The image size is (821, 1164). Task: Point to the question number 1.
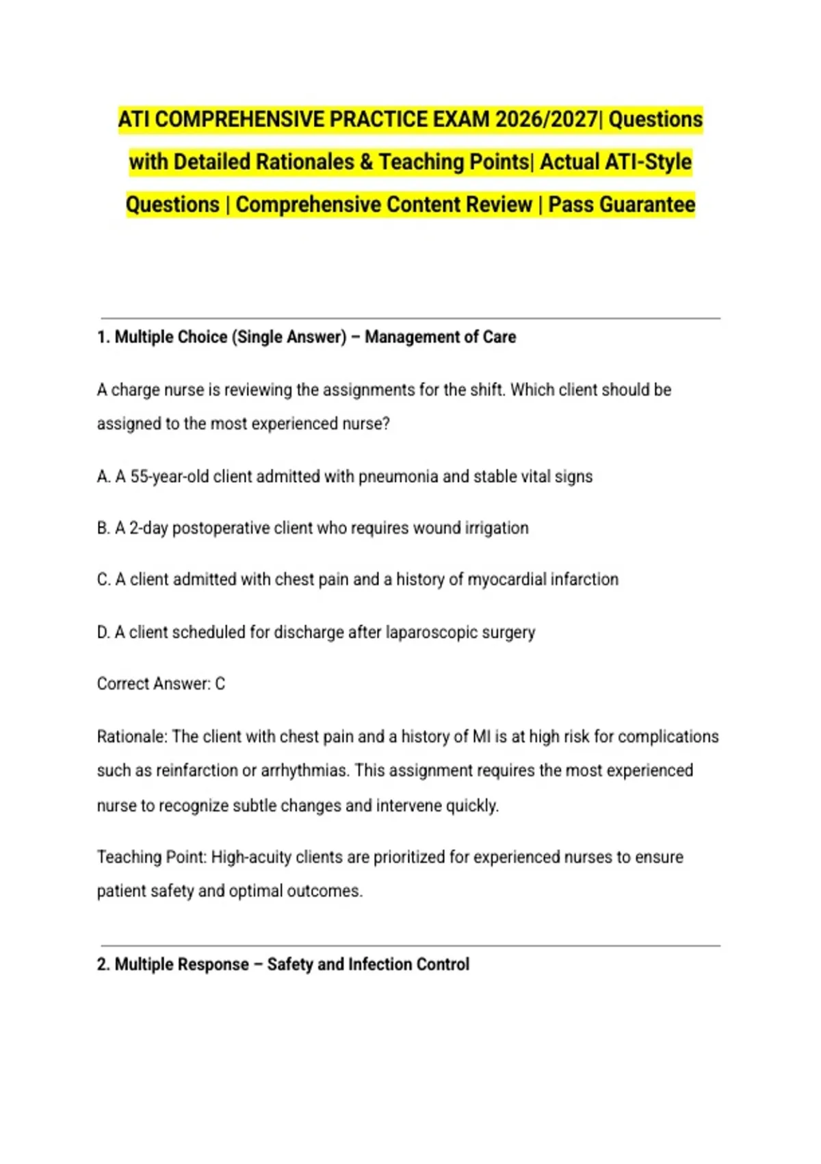click(x=103, y=337)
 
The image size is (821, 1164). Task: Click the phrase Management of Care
click(x=440, y=337)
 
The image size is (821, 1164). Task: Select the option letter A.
click(x=103, y=477)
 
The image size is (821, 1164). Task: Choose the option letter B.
click(x=103, y=528)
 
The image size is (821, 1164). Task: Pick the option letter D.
click(x=103, y=632)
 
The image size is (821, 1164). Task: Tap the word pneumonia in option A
click(x=398, y=477)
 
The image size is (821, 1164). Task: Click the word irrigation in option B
click(x=497, y=528)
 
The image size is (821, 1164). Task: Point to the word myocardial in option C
click(x=506, y=579)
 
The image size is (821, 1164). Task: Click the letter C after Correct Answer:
click(x=220, y=684)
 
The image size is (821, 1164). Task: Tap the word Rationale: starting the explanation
click(x=132, y=737)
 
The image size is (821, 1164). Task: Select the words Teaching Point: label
click(x=151, y=857)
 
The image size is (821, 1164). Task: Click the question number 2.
click(x=103, y=964)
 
